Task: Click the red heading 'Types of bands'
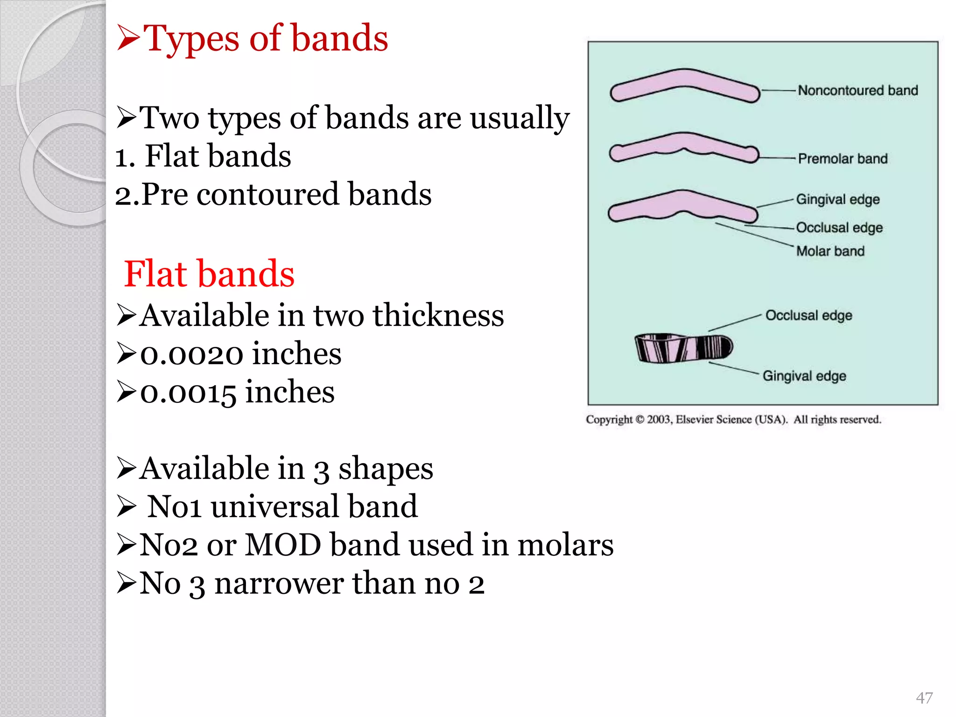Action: coord(265,38)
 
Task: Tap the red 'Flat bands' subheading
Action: coord(209,274)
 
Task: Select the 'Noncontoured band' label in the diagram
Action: coord(858,90)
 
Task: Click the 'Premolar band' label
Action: coord(843,159)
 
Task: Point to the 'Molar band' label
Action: coord(830,251)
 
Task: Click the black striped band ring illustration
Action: coord(683,348)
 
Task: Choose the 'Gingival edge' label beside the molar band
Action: coord(837,199)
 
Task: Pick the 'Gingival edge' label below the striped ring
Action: coord(804,376)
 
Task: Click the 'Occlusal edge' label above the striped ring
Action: coord(808,316)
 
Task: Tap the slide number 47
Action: coord(924,697)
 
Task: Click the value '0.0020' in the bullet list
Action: coord(192,354)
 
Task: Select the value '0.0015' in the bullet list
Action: coord(188,393)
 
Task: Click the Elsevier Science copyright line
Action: coord(733,419)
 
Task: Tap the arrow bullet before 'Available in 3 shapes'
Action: coord(126,469)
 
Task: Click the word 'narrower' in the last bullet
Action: coord(279,583)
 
